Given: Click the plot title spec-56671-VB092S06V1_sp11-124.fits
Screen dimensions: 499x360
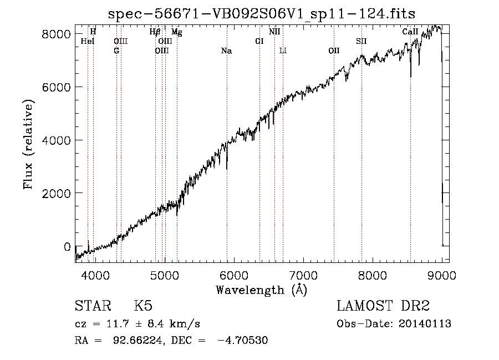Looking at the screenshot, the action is click(262, 14).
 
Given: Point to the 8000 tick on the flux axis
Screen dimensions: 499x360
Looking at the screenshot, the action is click(56, 34).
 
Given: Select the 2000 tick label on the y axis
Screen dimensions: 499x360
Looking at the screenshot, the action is click(56, 193).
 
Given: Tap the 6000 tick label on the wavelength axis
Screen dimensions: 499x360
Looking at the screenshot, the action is click(234, 275).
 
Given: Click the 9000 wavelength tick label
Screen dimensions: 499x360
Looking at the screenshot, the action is click(442, 275).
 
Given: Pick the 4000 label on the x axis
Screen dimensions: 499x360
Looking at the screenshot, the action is click(95, 275).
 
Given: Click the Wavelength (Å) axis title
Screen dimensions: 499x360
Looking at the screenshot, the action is click(262, 290).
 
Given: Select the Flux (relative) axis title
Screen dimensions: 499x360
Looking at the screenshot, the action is click(28, 145).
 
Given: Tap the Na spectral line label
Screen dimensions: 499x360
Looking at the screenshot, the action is click(227, 51).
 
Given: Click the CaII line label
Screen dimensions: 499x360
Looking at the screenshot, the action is click(410, 32).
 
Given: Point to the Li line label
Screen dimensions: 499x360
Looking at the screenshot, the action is click(283, 50).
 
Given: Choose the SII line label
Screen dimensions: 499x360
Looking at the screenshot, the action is click(361, 41).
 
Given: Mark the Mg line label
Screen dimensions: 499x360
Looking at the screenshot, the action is click(177, 32).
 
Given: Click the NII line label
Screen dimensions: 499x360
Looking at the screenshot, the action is click(274, 32).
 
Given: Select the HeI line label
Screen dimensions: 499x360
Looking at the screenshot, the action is click(88, 41).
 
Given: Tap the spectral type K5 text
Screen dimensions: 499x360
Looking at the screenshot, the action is click(143, 306).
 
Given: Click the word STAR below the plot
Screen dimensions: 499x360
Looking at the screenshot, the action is click(93, 306).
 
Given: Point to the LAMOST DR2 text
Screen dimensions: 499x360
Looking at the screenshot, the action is click(383, 306).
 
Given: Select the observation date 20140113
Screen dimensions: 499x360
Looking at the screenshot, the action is click(425, 324).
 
